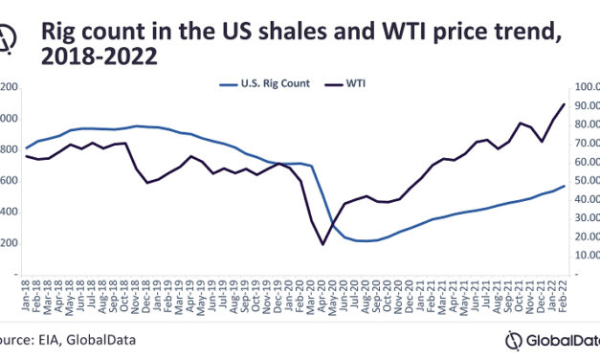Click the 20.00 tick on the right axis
tap(585, 236)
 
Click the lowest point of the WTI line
tap(322, 244)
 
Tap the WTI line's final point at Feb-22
tap(564, 104)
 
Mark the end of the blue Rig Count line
tap(564, 187)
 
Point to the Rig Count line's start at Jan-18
tap(26, 148)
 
